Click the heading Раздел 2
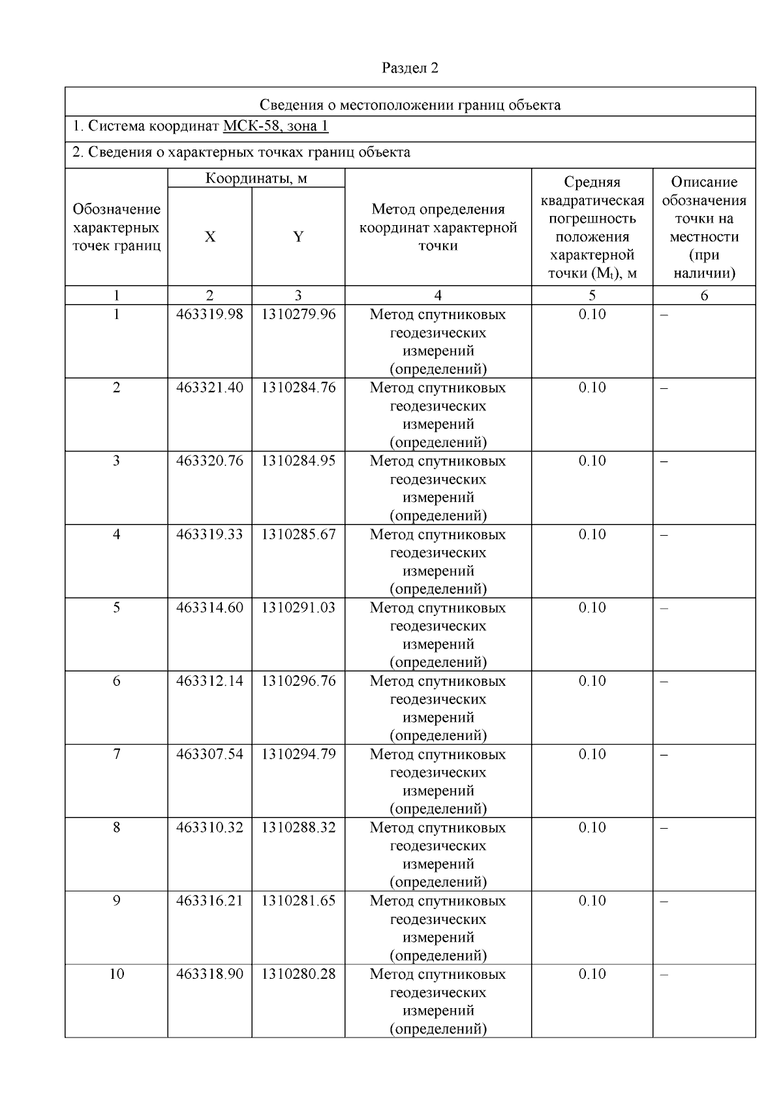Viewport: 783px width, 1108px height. pyautogui.click(x=410, y=68)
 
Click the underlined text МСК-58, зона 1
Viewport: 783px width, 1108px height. pyautogui.click(x=275, y=126)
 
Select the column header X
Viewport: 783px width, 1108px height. pyautogui.click(x=209, y=237)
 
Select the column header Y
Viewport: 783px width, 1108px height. pyautogui.click(x=298, y=237)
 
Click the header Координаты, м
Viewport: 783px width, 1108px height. pyautogui.click(x=256, y=178)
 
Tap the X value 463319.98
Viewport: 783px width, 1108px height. pyautogui.click(x=209, y=315)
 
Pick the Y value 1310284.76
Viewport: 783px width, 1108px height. pyautogui.click(x=298, y=388)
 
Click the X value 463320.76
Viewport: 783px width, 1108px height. pyautogui.click(x=209, y=461)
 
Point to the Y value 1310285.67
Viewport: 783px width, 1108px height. pyautogui.click(x=298, y=534)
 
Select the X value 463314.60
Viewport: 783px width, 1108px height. pyautogui.click(x=209, y=608)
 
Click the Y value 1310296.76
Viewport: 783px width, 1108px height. pyautogui.click(x=298, y=681)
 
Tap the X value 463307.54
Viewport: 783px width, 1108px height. pyautogui.click(x=209, y=754)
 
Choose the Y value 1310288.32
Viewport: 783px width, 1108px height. pyautogui.click(x=298, y=827)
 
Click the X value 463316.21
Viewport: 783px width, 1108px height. pyautogui.click(x=209, y=901)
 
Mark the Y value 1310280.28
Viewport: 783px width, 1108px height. pyautogui.click(x=298, y=974)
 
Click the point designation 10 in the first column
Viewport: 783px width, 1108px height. pyautogui.click(x=116, y=974)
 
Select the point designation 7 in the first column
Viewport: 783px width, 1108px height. pyautogui.click(x=116, y=754)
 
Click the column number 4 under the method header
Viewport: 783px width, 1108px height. pyautogui.click(x=438, y=296)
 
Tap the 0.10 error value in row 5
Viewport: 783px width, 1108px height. pyautogui.click(x=592, y=608)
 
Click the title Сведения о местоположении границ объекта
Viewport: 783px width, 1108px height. pyautogui.click(x=410, y=105)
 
